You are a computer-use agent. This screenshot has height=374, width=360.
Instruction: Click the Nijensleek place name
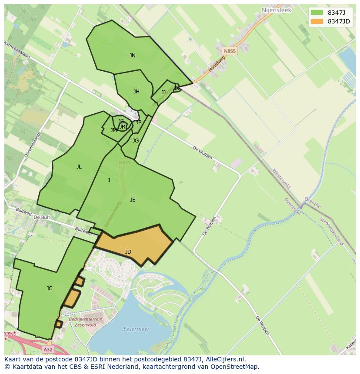tap(276, 10)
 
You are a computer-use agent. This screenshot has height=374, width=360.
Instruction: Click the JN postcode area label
tap(132, 56)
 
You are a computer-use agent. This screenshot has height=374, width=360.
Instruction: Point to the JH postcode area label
tap(136, 92)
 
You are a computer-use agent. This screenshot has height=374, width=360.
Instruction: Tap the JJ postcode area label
tap(163, 93)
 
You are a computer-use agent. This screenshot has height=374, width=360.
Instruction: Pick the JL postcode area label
tap(79, 167)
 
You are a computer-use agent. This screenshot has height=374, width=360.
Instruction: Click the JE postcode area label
tap(132, 200)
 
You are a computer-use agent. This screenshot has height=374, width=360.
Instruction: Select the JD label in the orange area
tap(128, 252)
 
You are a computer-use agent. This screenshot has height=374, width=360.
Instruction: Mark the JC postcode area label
tap(49, 288)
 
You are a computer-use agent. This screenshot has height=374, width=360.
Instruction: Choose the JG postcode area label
tap(136, 141)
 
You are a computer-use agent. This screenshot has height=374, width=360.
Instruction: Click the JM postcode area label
tap(113, 130)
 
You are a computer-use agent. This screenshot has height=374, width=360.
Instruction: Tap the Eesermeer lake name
tap(136, 329)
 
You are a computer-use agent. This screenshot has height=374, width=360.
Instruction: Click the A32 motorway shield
tap(48, 349)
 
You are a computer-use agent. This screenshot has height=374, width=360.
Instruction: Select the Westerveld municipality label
tap(281, 179)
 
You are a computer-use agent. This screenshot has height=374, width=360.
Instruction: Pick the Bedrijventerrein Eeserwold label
tap(86, 322)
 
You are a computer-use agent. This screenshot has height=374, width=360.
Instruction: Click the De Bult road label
tap(42, 217)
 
